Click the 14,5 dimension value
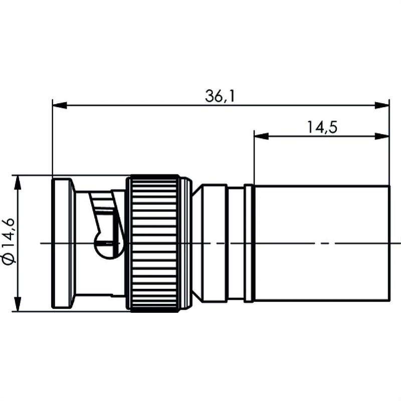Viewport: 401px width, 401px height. click(x=321, y=127)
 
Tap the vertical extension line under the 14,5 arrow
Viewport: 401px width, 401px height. click(x=254, y=160)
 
